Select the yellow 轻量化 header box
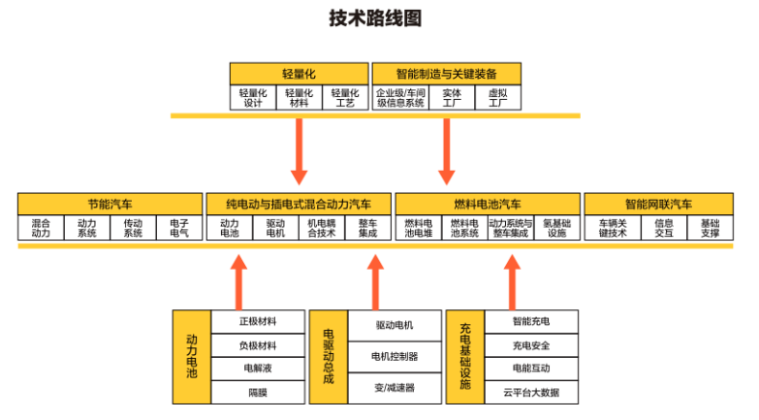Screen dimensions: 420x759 (x=300, y=74)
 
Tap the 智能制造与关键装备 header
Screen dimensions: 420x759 (x=446, y=74)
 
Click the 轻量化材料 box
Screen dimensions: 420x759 (x=300, y=98)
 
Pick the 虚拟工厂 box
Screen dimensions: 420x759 (x=497, y=98)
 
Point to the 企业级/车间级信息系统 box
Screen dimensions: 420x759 (x=400, y=98)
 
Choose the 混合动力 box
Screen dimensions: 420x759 (x=41, y=228)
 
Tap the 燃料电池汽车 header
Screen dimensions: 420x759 (x=488, y=204)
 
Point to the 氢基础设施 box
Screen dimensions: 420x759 (x=556, y=228)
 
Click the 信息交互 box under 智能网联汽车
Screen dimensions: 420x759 (x=664, y=228)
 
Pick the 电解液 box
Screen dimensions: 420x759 (x=258, y=369)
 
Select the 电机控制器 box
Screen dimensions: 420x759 (x=395, y=357)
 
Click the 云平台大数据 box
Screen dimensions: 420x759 (x=531, y=392)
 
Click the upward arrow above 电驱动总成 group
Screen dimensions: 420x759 (x=376, y=280)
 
